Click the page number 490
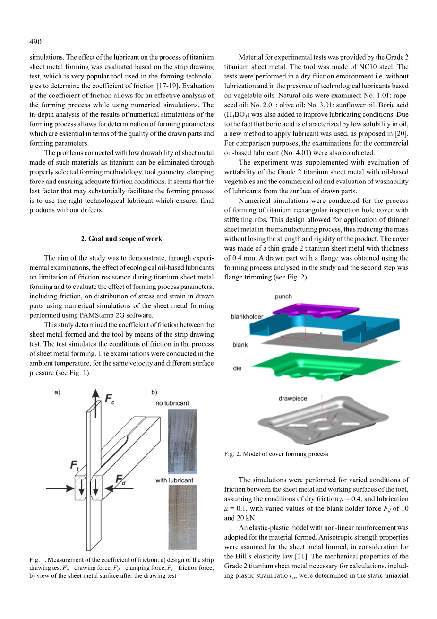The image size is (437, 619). tap(35, 42)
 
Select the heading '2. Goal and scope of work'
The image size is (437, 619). tap(121, 239)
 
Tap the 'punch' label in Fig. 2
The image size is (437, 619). tap(283, 296)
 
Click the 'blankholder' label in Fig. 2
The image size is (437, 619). tap(247, 316)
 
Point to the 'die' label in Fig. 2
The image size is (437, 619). tap(237, 368)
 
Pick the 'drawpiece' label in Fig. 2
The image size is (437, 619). tap(292, 398)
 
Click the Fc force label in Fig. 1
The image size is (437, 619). tap(109, 400)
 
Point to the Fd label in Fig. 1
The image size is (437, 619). tap(120, 480)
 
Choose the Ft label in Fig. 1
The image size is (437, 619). tap(75, 465)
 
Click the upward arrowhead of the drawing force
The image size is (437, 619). tap(95, 393)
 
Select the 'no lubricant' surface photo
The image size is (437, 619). tap(182, 441)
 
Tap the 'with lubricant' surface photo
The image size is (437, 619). tap(182, 517)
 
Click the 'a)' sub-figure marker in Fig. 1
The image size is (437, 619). tap(57, 392)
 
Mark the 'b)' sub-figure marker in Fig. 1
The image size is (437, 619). tap(154, 392)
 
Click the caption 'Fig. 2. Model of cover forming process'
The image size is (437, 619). tap(276, 454)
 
